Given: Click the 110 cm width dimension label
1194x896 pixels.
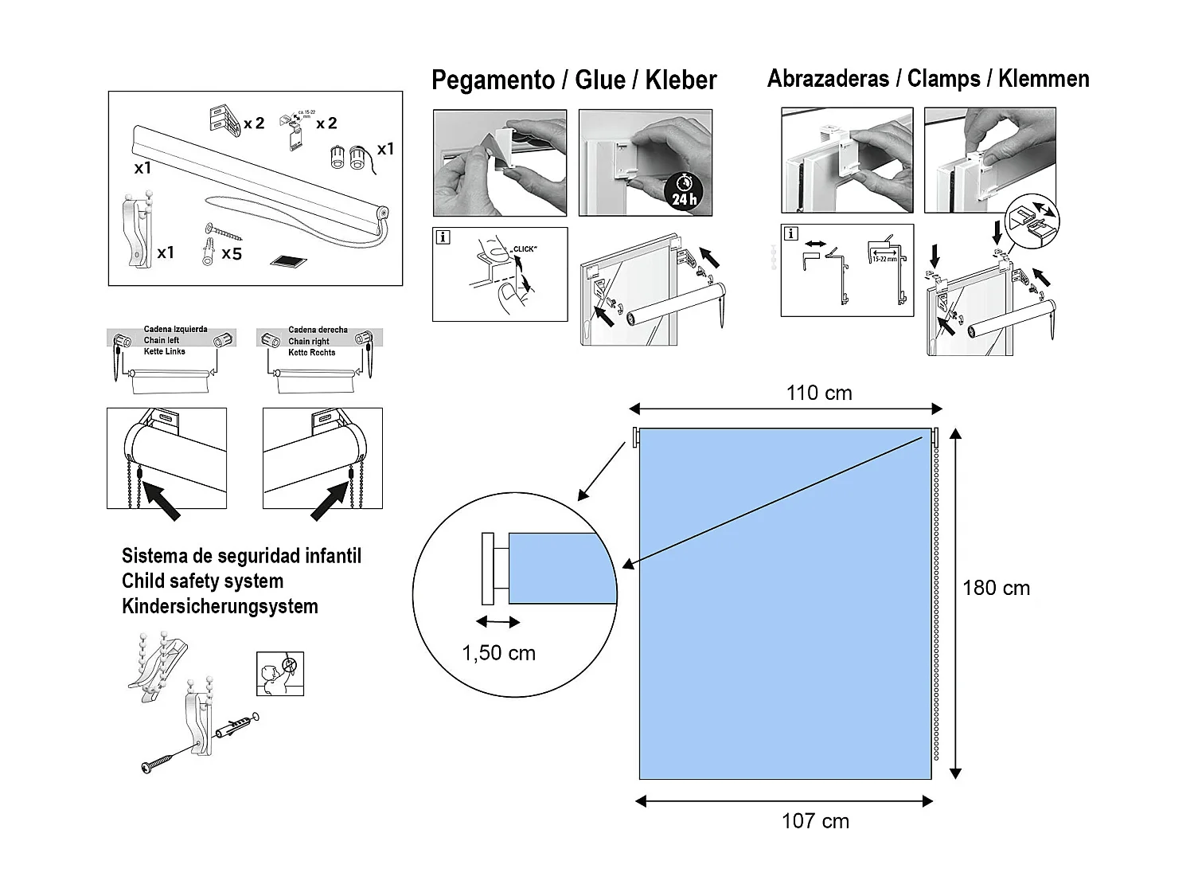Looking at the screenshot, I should [819, 393].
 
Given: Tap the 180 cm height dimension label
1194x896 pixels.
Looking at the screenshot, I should [996, 589].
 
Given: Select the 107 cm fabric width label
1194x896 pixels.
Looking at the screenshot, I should [815, 821].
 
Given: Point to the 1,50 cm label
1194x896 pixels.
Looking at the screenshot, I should [499, 653].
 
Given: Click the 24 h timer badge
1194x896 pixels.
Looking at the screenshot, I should [684, 192].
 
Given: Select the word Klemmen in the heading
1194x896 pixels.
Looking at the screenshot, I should [1044, 79].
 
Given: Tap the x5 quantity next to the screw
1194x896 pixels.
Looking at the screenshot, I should [232, 253].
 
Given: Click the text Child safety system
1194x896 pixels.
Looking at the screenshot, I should [202, 581].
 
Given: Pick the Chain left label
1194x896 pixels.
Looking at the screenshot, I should [162, 340].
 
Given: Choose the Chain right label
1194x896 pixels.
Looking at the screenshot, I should [309, 341].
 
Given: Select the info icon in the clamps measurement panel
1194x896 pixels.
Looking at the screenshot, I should [791, 234].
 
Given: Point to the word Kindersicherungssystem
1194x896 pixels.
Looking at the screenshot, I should [220, 607].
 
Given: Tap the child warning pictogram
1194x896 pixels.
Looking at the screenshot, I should [280, 674].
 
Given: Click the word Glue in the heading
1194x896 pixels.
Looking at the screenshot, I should [600, 80].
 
